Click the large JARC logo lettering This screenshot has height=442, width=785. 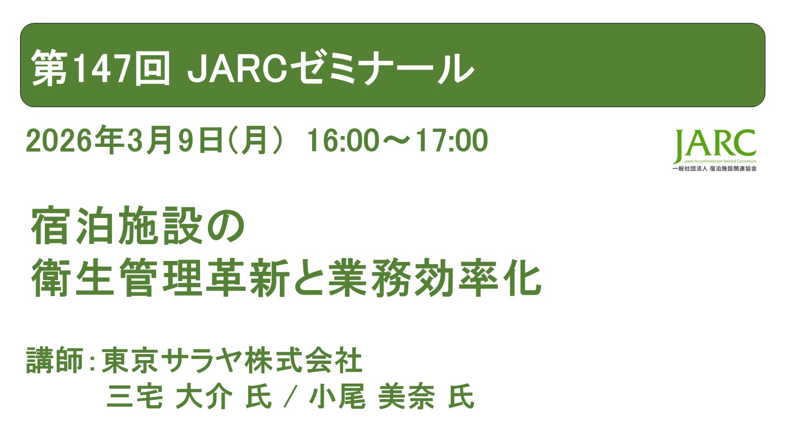pyautogui.click(x=715, y=145)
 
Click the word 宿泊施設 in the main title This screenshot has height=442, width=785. pyautogui.click(x=117, y=227)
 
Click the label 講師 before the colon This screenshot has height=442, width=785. pyautogui.click(x=55, y=361)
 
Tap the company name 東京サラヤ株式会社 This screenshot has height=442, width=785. pyautogui.click(x=232, y=361)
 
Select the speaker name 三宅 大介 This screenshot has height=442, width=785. pyautogui.click(x=169, y=397)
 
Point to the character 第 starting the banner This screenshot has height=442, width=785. pyautogui.click(x=49, y=69)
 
